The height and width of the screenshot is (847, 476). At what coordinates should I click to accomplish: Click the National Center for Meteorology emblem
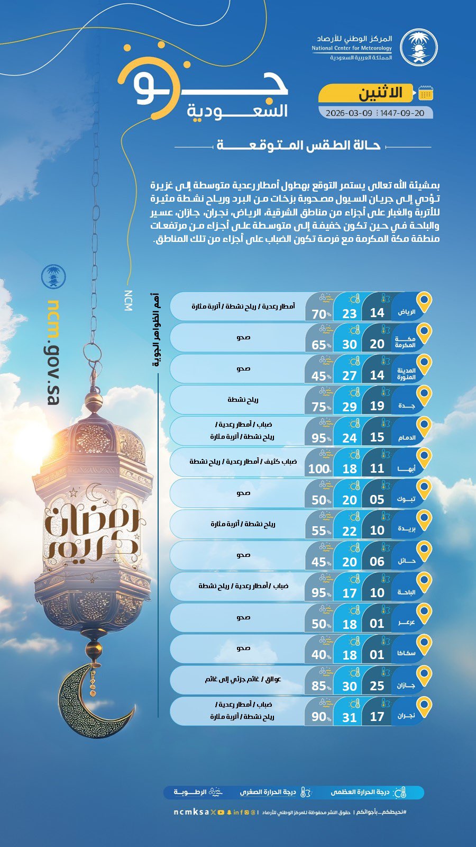pyautogui.click(x=417, y=47)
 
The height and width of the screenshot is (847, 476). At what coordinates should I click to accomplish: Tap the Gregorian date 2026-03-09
pyautogui.click(x=349, y=113)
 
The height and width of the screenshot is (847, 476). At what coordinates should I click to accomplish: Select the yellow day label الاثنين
pyautogui.click(x=380, y=93)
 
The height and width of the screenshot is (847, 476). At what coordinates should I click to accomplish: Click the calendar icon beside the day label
pyautogui.click(x=425, y=93)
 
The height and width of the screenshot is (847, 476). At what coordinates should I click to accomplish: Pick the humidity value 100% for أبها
pyautogui.click(x=319, y=469)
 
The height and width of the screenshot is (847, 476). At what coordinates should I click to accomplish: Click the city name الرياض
pyautogui.click(x=406, y=312)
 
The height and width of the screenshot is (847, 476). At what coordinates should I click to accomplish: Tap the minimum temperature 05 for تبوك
pyautogui.click(x=377, y=500)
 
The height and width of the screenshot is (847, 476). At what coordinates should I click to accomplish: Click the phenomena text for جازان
pyautogui.click(x=243, y=679)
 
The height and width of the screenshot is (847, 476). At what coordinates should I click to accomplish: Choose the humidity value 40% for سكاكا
pyautogui.click(x=320, y=655)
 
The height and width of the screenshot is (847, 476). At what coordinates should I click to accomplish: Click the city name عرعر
pyautogui.click(x=406, y=623)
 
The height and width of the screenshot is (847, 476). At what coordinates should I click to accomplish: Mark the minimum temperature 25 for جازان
pyautogui.click(x=377, y=686)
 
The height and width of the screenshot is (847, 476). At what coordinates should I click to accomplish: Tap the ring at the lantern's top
pyautogui.click(x=93, y=352)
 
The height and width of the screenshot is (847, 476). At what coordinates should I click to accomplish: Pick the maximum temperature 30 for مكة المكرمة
pyautogui.click(x=350, y=344)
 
